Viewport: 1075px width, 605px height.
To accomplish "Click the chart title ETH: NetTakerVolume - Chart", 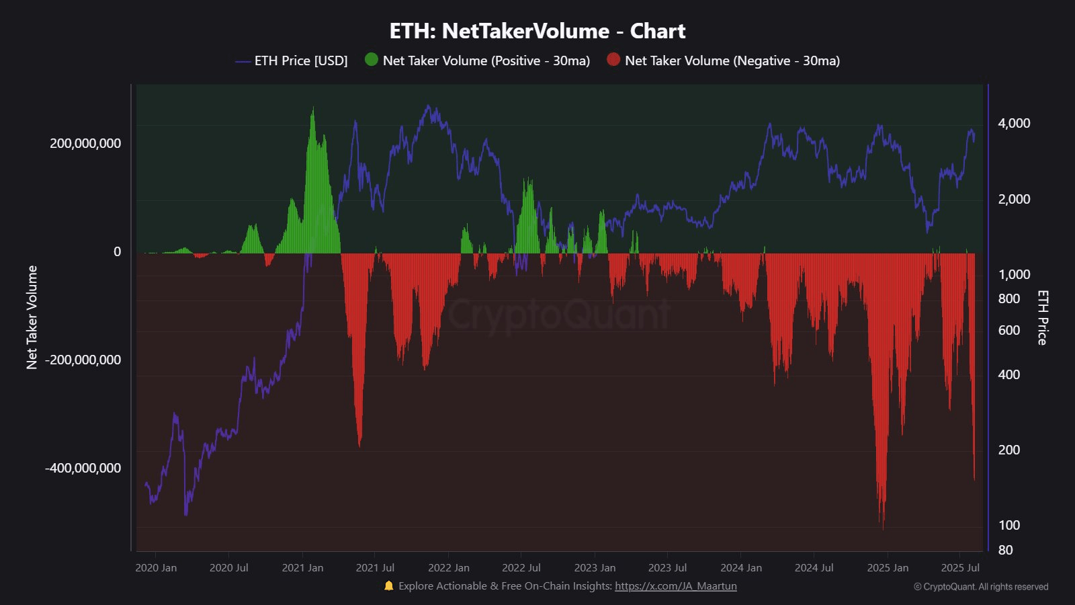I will coord(537,31).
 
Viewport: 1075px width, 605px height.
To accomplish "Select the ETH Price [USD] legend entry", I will coord(300,61).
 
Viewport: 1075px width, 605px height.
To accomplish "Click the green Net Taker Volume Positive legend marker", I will coord(372,59).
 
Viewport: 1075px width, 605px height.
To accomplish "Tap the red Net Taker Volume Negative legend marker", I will coord(613,59).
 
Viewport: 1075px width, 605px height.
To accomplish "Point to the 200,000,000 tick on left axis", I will coord(85,143).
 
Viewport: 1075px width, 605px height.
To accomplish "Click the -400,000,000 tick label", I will coord(83,468).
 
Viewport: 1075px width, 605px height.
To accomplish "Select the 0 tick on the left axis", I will coord(117,251).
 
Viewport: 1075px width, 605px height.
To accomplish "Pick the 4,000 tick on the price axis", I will coord(1014,123).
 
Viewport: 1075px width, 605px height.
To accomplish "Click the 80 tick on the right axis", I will coord(1005,550).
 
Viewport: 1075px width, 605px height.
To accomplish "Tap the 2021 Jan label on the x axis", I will coord(302,567).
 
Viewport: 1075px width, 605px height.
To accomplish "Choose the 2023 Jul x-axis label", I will coord(667,567).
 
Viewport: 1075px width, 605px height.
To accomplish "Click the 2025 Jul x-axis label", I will coord(960,567).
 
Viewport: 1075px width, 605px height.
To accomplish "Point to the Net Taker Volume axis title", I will coord(32,317).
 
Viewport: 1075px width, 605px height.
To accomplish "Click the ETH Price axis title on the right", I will coord(1042,317).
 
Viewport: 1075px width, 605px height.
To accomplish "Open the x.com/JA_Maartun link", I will coord(675,586).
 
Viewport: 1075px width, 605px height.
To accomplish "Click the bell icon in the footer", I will coord(388,586).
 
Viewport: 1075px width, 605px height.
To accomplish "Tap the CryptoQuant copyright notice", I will coord(981,587).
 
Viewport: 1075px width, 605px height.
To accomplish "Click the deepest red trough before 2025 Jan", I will coord(882,524).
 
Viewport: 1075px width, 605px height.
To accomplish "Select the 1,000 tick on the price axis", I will coord(1014,274).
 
